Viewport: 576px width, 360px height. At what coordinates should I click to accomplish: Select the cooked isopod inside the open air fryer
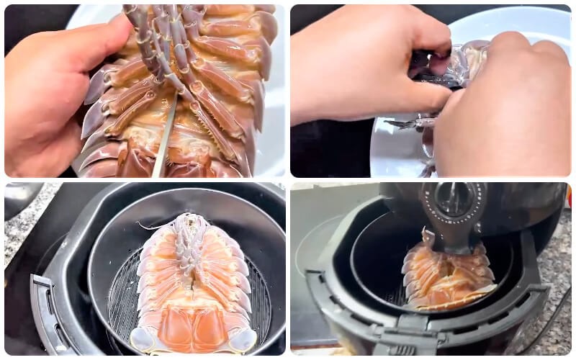pos(446,274)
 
